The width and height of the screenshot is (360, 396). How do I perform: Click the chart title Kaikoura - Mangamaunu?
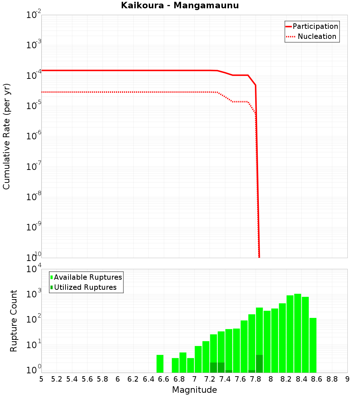pyautogui.click(x=180, y=6)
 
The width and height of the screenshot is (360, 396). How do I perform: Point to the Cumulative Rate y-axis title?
pyautogui.click(x=6, y=136)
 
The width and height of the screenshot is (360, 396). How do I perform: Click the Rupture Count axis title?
pyautogui.click(x=14, y=320)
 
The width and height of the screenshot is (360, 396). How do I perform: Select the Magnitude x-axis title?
pyautogui.click(x=194, y=390)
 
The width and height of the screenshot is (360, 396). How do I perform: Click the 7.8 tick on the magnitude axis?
pyautogui.click(x=255, y=379)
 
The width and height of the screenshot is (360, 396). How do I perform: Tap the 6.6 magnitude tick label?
pyautogui.click(x=164, y=379)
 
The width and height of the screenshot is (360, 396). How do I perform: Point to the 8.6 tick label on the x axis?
pyautogui.click(x=317, y=379)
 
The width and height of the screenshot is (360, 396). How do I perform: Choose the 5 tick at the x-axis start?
pyautogui.click(x=41, y=379)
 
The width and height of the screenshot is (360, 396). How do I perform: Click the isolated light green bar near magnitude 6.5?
pyautogui.click(x=160, y=364)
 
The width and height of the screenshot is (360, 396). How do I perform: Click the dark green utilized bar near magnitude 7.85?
pyautogui.click(x=259, y=364)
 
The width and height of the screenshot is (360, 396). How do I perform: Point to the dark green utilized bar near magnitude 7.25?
pyautogui.click(x=213, y=368)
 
